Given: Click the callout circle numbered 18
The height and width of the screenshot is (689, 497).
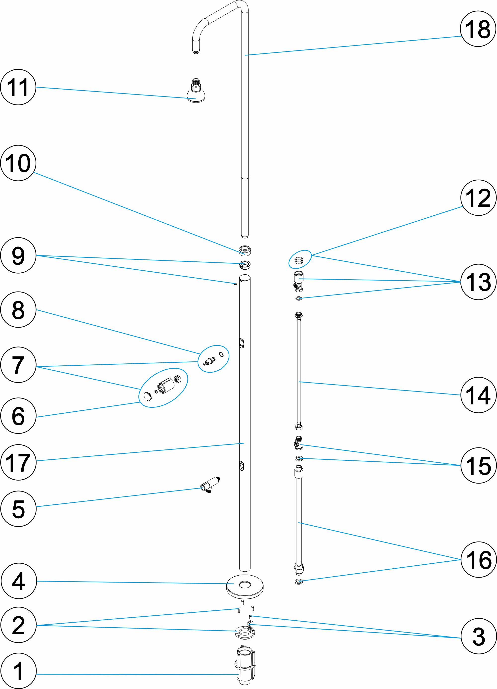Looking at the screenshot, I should click(x=478, y=29).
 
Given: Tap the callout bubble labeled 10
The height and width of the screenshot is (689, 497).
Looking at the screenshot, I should click(x=18, y=163).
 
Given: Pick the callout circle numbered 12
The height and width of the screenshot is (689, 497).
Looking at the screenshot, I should click(x=478, y=198).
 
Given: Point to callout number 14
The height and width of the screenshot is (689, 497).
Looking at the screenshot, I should click(x=478, y=395).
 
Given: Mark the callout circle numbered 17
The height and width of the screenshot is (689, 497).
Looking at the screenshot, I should click(x=18, y=462).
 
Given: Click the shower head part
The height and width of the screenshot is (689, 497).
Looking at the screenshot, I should click(x=196, y=93).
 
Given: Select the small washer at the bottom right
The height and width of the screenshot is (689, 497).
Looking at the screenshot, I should click(x=298, y=582).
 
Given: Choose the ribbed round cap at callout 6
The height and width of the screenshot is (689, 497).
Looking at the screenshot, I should click(x=147, y=396).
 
